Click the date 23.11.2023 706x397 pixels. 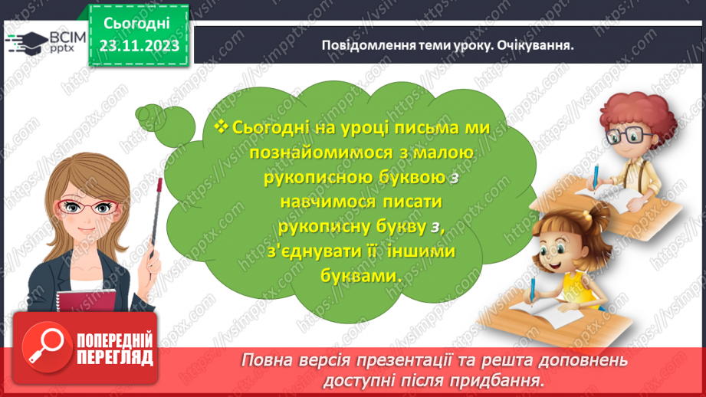(x=138, y=45)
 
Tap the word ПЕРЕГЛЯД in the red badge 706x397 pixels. (x=115, y=356)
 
